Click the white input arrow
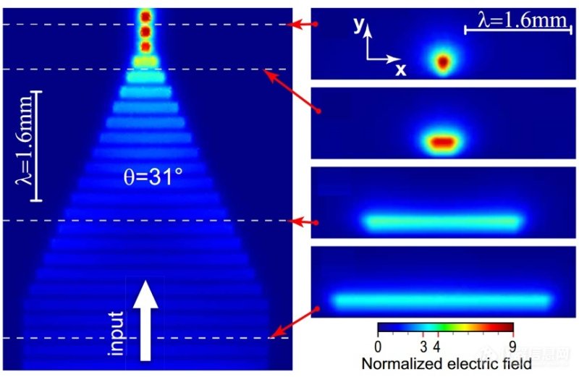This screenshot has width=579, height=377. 145,318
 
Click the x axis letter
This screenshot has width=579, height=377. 400,69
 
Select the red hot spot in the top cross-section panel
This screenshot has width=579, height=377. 443,62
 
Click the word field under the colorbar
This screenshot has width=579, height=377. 515,361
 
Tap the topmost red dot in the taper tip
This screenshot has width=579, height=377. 145,16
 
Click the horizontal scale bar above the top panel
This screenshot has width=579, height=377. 515,32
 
